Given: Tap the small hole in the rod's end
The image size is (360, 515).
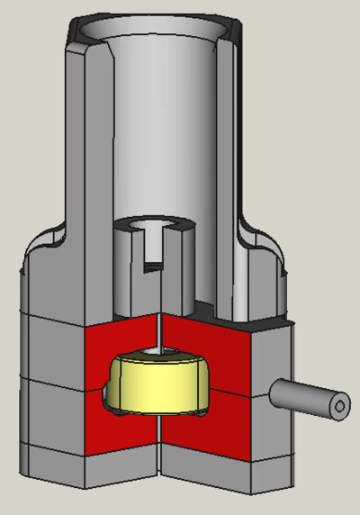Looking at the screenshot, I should point(339,407).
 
